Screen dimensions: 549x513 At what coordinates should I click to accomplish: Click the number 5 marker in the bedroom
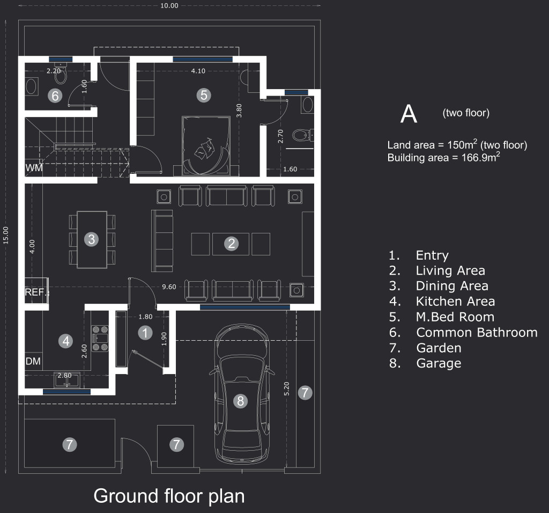(204, 95)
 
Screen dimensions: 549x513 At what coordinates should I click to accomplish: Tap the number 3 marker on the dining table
(91, 239)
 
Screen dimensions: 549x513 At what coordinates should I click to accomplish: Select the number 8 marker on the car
(241, 401)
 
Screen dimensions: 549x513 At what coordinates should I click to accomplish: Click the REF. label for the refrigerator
(35, 292)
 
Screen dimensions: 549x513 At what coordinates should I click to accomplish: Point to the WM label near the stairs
(34, 168)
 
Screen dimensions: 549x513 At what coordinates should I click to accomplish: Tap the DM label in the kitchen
(33, 361)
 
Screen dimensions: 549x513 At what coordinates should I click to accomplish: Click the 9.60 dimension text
(169, 287)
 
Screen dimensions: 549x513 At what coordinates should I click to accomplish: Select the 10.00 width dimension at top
(169, 5)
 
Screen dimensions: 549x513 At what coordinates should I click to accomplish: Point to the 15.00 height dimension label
(5, 235)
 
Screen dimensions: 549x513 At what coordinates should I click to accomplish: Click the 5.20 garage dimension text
(286, 389)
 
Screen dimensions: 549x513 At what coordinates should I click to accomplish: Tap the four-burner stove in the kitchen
(100, 339)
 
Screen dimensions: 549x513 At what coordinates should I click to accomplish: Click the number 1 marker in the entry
(145, 333)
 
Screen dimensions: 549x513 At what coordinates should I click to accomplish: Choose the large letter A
(409, 114)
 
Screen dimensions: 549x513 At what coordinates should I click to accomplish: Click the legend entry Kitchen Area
(455, 302)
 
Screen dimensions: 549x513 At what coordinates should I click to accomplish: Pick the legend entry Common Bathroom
(477, 332)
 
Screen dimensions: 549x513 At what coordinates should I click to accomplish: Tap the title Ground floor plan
(169, 496)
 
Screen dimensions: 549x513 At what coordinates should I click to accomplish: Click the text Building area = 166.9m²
(443, 157)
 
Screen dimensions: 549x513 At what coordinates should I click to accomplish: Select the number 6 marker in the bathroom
(55, 96)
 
